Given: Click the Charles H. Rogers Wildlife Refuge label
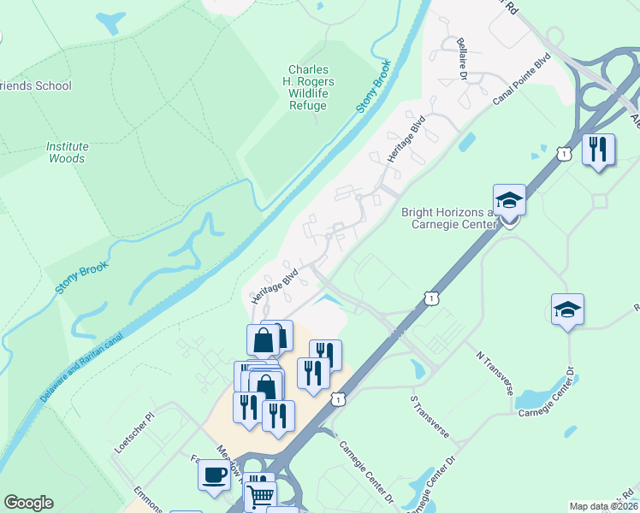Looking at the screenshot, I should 311,87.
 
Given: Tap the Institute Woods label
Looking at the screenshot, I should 67,152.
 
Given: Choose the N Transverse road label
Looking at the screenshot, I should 493,369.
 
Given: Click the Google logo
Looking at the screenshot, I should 28,503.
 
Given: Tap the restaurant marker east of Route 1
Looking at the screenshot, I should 598,150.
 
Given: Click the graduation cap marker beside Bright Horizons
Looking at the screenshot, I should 509,201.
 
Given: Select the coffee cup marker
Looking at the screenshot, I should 213,474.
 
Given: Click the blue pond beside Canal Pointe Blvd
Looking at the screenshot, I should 467,141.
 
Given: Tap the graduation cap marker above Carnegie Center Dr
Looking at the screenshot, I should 567,310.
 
